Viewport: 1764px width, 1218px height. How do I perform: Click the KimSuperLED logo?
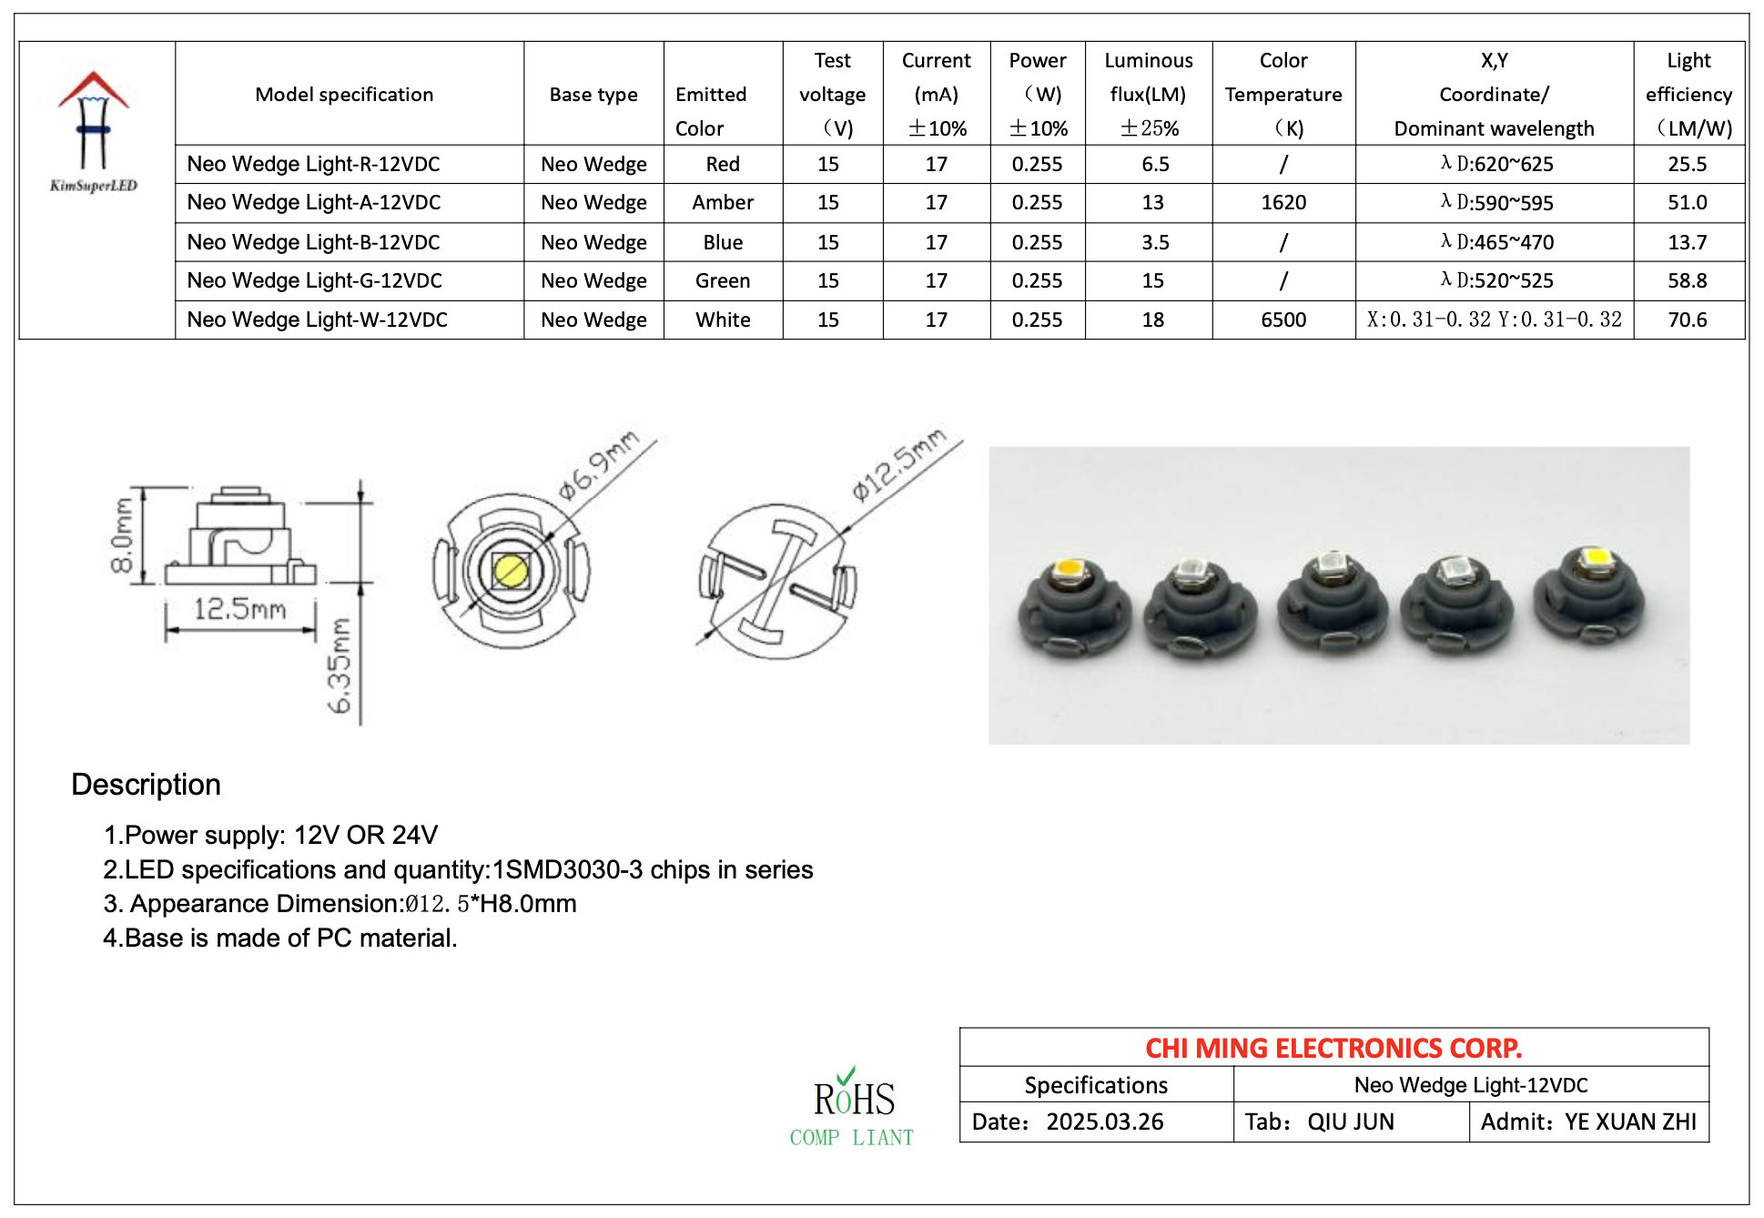(x=93, y=132)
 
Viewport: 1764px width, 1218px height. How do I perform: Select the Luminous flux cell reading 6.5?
(x=1154, y=164)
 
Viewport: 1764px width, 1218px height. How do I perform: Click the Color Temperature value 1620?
(x=1282, y=203)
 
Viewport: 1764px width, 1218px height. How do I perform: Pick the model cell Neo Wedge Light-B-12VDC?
(x=313, y=242)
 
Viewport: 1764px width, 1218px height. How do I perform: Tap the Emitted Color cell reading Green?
(x=723, y=281)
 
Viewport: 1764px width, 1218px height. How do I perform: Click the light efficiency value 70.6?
(x=1687, y=320)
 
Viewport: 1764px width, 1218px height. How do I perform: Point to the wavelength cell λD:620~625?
(x=1496, y=164)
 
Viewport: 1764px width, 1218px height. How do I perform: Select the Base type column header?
(x=593, y=95)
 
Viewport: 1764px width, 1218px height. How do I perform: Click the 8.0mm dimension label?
(x=122, y=535)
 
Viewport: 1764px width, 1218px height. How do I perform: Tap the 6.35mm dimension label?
(x=339, y=665)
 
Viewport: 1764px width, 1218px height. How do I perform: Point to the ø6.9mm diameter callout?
(x=598, y=464)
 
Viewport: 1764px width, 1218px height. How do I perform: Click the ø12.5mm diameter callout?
(x=897, y=464)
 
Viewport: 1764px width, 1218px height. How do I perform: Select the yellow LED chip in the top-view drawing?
(x=510, y=572)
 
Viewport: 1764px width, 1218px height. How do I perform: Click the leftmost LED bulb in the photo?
(x=1074, y=605)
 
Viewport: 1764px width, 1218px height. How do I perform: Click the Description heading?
(x=146, y=785)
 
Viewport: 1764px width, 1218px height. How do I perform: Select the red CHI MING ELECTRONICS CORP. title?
(x=1333, y=1048)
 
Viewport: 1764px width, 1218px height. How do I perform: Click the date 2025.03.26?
(x=1104, y=1122)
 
